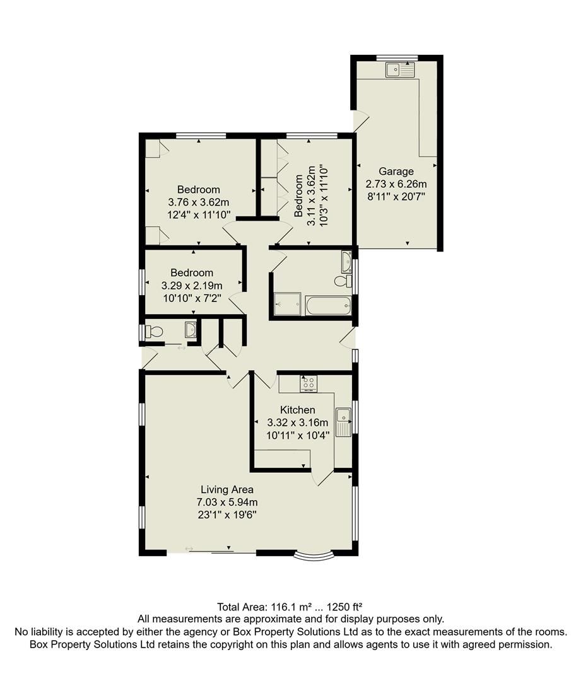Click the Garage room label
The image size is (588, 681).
pyautogui.click(x=396, y=172)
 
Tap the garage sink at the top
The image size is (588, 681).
pyautogui.click(x=401, y=69)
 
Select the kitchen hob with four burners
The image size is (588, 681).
pyautogui.click(x=309, y=382)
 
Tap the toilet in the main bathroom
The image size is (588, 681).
pyautogui.click(x=342, y=281)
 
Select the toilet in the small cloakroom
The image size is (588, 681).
pyautogui.click(x=153, y=331)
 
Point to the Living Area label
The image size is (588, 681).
pyautogui.click(x=227, y=489)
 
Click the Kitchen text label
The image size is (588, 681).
pyautogui.click(x=298, y=410)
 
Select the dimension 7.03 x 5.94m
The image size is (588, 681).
pyautogui.click(x=227, y=502)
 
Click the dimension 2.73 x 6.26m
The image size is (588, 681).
pyautogui.click(x=396, y=184)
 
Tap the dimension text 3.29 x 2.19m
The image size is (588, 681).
pyautogui.click(x=192, y=286)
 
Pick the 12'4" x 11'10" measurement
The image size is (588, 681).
pyautogui.click(x=198, y=215)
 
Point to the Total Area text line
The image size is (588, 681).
pyautogui.click(x=290, y=607)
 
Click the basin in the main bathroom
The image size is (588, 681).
pyautogui.click(x=346, y=259)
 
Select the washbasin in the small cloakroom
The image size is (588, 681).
pyautogui.click(x=190, y=328)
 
